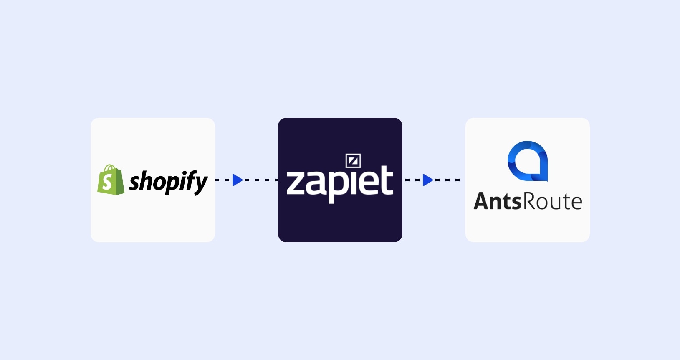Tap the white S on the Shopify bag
point(107,183)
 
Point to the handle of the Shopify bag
point(109,168)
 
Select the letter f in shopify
point(190,180)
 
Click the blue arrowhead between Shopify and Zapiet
point(237,180)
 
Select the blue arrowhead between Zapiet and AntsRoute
point(427,180)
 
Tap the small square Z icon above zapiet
point(353,161)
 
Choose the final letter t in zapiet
point(387,181)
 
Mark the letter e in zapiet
point(368,184)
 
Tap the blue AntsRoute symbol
point(528,161)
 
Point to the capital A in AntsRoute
point(483,201)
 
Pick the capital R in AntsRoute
point(529,201)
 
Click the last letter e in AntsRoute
point(575,203)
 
